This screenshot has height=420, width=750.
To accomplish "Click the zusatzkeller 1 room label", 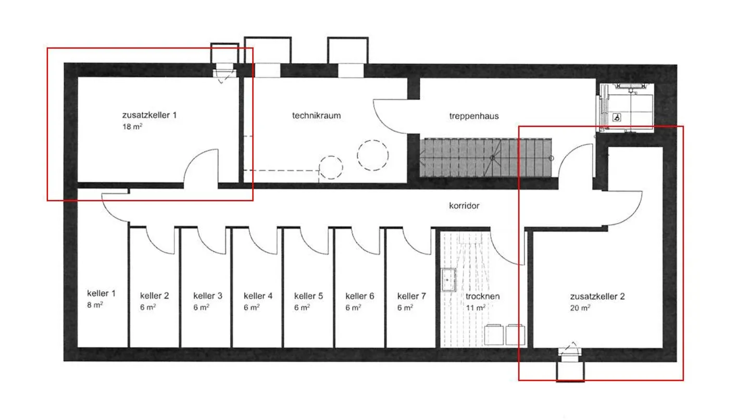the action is click(x=149, y=115).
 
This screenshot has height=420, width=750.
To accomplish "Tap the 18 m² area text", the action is click(x=132, y=127).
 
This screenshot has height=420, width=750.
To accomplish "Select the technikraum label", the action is click(x=317, y=116).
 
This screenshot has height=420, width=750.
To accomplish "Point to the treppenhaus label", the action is click(x=474, y=117).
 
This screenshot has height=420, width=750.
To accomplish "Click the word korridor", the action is click(x=464, y=206).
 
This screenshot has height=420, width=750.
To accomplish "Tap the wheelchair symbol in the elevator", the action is click(x=617, y=118).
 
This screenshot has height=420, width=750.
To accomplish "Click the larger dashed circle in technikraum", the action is click(x=373, y=155).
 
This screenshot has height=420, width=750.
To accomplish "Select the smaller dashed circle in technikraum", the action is click(x=331, y=167).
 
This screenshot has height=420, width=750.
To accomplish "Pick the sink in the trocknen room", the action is click(x=448, y=280).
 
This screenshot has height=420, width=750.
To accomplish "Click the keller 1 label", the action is click(x=101, y=293).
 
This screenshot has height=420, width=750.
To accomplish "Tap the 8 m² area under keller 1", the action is click(x=95, y=305).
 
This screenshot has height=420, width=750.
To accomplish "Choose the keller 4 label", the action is click(x=258, y=296).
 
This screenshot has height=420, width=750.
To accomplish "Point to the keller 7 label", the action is click(x=411, y=297).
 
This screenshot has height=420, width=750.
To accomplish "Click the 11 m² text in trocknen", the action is click(x=476, y=308).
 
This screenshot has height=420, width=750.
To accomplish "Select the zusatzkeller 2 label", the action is click(x=597, y=297).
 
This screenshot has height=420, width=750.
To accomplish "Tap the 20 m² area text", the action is click(x=580, y=308).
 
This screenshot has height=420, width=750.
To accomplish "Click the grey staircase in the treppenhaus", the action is click(x=485, y=158).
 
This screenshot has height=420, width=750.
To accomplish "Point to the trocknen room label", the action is click(x=482, y=297).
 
